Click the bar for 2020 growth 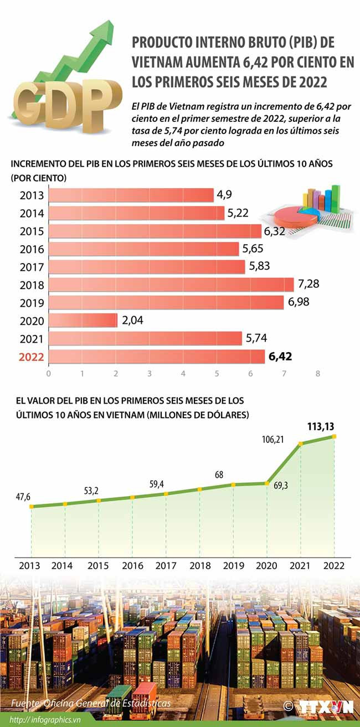point(83,321)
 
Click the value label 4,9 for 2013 point(224,195)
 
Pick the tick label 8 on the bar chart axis point(318,374)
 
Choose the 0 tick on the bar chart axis point(49,374)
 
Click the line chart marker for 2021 point(300,444)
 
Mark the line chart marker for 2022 point(334,436)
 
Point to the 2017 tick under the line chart point(166,566)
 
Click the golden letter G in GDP point(33,102)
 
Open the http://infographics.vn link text point(50,719)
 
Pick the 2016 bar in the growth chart point(143,249)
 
